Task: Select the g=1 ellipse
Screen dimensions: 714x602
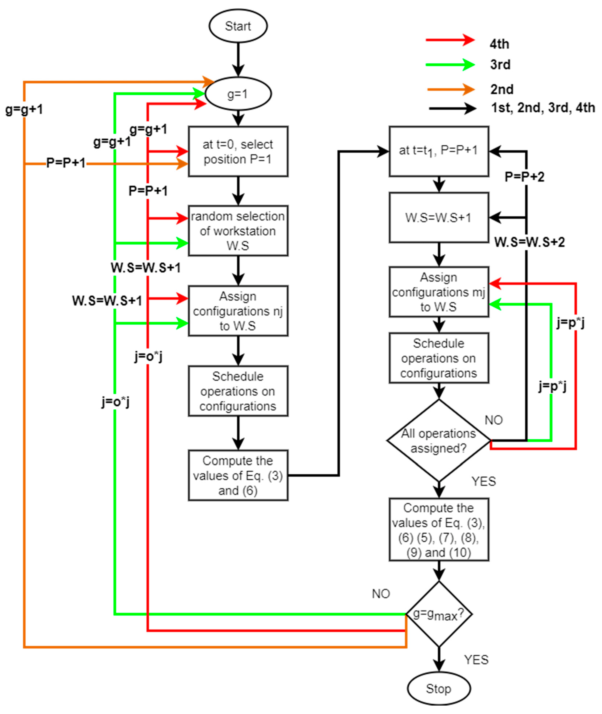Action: point(238,94)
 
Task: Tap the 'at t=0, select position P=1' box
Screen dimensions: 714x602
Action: point(238,151)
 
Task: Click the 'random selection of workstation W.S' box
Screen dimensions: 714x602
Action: point(238,231)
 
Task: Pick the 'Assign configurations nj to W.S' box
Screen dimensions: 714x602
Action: point(238,311)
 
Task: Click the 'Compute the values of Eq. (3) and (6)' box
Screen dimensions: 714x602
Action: point(238,476)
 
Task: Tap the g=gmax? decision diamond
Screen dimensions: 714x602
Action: point(439,614)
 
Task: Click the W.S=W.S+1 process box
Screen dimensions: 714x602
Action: point(439,217)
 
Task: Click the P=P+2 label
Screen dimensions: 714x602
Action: point(524,177)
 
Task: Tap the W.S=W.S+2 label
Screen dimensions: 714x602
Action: point(529,242)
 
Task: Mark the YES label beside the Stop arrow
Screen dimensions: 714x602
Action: point(476,660)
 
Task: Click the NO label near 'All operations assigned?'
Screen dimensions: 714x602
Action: point(493,420)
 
